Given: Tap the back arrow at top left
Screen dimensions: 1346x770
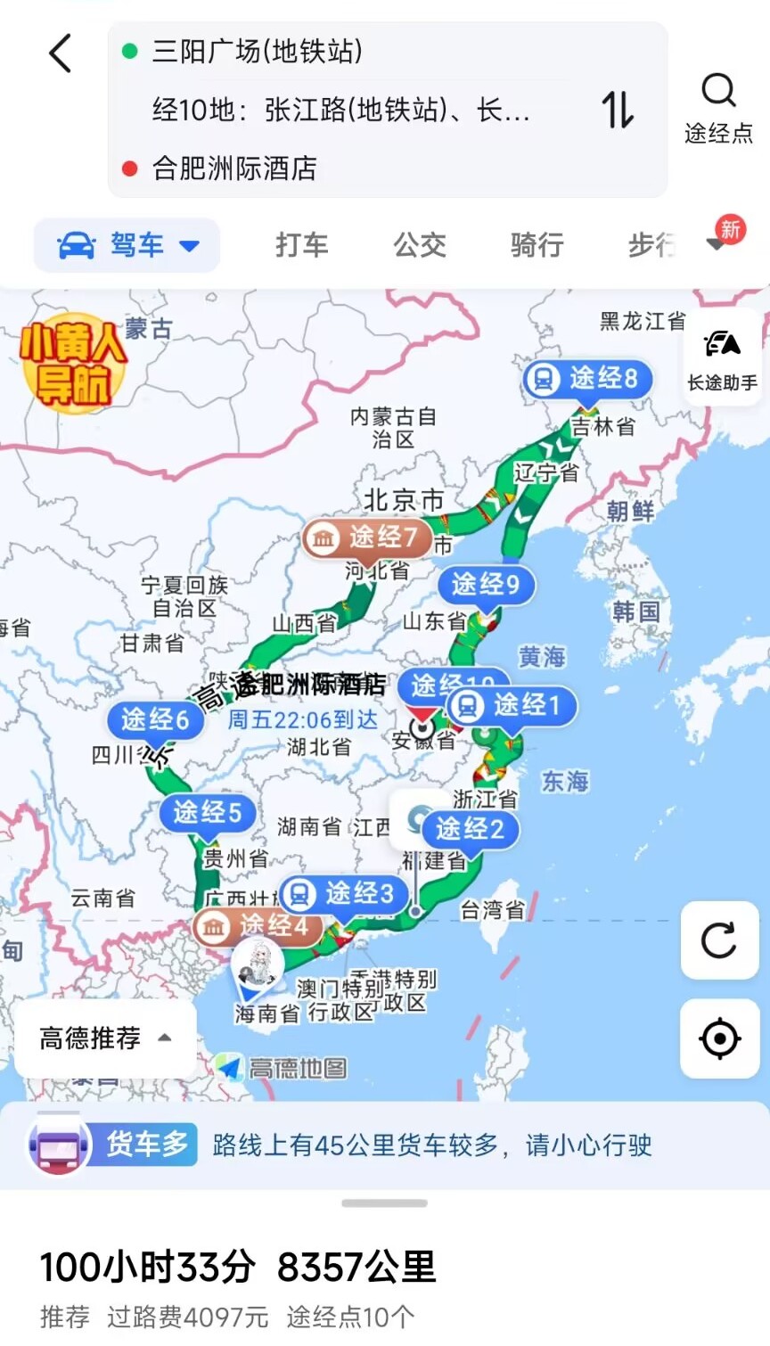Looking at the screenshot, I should pos(60,53).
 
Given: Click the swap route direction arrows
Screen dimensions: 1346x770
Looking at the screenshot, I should pos(617,110).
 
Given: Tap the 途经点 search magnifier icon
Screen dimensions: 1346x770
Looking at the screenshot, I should pos(718,91).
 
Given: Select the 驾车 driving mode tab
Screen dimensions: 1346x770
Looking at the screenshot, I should pos(127,245).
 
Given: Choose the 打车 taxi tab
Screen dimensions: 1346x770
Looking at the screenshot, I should pos(301,245).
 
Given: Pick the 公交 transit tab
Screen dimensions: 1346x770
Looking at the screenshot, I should pos(420,245).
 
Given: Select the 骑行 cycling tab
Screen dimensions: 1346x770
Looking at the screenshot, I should pos(537,245).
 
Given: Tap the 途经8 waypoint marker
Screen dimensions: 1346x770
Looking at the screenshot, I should pos(588,379).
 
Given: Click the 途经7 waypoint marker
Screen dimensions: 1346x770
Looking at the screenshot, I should pos(367,537).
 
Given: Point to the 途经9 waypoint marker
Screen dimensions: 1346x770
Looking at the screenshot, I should pos(486,585).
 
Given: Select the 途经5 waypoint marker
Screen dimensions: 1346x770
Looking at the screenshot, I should pos(208,812).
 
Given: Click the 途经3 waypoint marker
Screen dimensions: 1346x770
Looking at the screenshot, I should pos(343,893).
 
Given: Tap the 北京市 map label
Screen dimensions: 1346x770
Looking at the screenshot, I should pos(403,500).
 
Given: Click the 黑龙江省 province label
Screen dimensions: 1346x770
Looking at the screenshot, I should pos(642,321).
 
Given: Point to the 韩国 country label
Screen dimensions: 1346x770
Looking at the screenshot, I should pos(636,611).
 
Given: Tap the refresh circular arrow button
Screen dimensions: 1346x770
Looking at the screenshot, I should pos(719,940).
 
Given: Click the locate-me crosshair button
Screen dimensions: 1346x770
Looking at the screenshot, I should pos(719,1038).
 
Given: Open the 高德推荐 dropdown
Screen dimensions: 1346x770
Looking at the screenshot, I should pos(105,1038).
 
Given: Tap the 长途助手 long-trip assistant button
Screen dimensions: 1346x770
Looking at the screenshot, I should pos(722,357).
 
